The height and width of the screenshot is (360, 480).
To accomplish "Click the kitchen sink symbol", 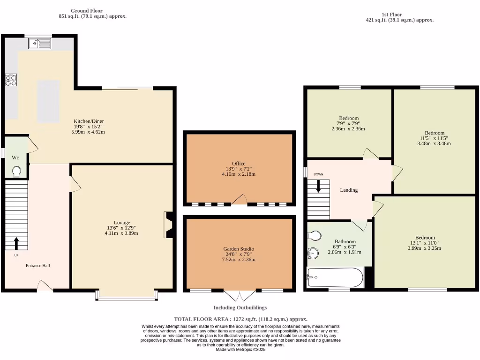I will [x=39, y=44].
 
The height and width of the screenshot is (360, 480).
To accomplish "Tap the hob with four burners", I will [x=10, y=81].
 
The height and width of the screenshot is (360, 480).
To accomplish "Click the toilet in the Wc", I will [x=17, y=172].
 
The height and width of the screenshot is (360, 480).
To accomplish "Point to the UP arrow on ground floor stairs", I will [x=16, y=243].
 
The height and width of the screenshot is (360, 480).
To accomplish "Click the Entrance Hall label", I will [x=37, y=265].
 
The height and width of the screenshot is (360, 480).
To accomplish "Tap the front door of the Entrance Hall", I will [x=45, y=285].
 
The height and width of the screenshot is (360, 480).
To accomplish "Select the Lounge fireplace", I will [x=168, y=225].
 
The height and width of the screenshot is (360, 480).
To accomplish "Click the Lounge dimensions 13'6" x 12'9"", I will [x=122, y=228].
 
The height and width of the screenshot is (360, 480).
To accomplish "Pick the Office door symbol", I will [x=240, y=200].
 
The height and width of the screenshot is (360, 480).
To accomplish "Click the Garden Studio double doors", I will [x=240, y=296].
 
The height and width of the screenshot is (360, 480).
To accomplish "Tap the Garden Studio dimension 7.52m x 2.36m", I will [x=239, y=259].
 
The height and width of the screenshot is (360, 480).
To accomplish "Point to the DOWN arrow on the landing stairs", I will [x=319, y=187].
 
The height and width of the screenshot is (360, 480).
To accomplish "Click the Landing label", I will [x=349, y=190].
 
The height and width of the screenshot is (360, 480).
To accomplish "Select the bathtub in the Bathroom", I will [x=335, y=278].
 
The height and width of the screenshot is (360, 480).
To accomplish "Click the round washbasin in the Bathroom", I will [x=313, y=254].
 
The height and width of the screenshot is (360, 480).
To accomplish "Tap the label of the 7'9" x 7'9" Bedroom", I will [x=349, y=118].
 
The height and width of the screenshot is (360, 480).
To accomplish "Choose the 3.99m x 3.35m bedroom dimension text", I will [x=424, y=248].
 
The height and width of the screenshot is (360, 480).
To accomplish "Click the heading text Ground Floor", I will [x=87, y=10].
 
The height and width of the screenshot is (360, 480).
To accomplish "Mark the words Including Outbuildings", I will [x=240, y=307].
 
